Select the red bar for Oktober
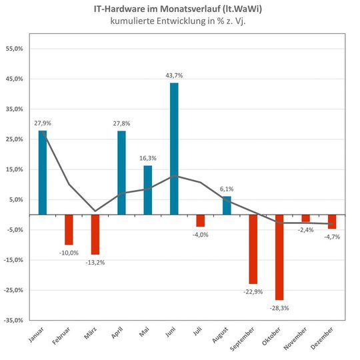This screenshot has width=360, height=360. point(279,257)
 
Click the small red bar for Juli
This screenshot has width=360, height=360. point(200,221)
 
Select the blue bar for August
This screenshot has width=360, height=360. point(227,205)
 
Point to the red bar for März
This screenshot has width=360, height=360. point(95,235)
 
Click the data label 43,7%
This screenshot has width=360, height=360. point(174,75)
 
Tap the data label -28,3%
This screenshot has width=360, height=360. point(279,307)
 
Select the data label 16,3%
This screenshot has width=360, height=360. point(148,159)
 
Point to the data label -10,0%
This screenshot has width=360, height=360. point(69,253)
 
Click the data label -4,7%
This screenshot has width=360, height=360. point(331,237)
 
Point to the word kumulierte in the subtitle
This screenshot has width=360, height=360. point(132,23)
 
